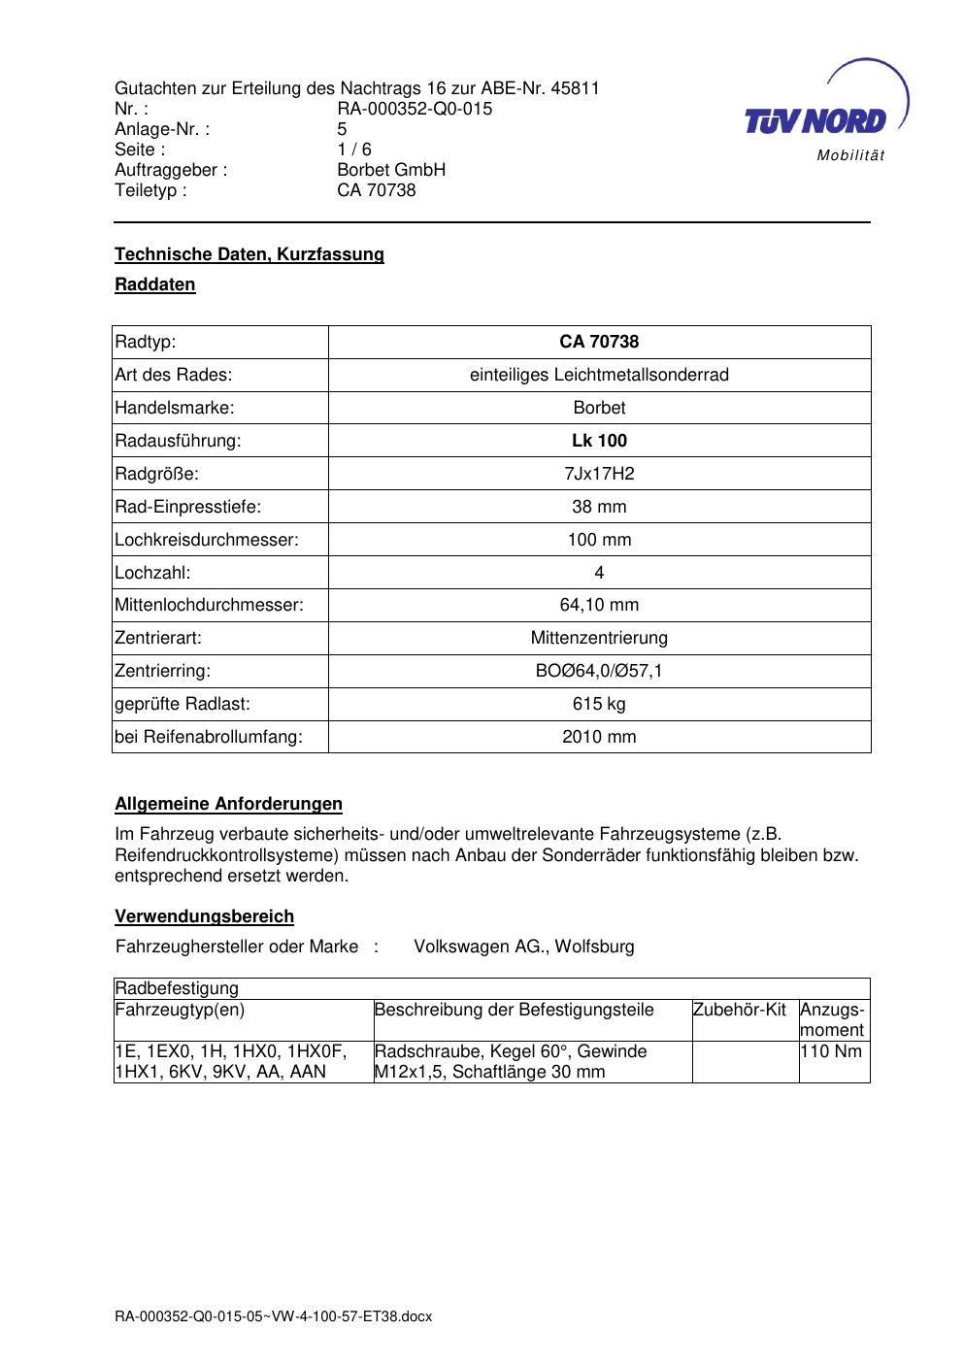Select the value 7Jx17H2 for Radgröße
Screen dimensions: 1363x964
(x=599, y=474)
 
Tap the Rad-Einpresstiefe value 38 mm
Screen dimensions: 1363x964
(x=599, y=507)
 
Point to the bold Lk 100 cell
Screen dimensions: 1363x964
(x=599, y=441)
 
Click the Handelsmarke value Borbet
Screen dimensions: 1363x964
(x=599, y=408)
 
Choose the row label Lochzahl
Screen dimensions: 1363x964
(x=152, y=573)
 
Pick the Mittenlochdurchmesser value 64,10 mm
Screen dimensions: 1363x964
(x=599, y=605)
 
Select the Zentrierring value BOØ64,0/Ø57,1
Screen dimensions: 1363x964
(x=599, y=671)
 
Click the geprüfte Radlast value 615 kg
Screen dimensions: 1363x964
(x=599, y=704)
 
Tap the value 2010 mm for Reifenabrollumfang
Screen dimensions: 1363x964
(x=599, y=737)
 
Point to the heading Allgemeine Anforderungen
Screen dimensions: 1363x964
(x=228, y=804)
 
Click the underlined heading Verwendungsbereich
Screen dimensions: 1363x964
(x=204, y=916)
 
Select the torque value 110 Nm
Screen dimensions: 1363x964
(x=831, y=1051)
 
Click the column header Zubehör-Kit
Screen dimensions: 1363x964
(x=740, y=1010)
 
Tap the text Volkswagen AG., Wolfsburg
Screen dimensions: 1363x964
(x=524, y=947)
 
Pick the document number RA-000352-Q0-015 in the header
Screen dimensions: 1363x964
(x=415, y=109)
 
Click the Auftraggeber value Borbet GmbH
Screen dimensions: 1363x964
(x=391, y=170)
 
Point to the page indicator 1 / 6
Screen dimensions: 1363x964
(x=354, y=150)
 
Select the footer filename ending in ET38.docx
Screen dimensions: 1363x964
(x=273, y=1316)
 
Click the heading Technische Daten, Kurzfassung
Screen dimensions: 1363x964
(x=249, y=254)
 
